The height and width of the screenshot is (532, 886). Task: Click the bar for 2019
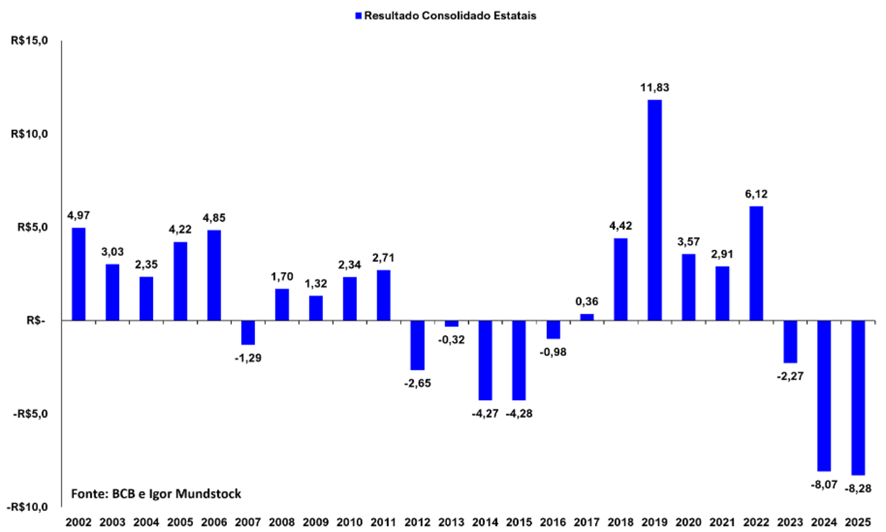(x=655, y=210)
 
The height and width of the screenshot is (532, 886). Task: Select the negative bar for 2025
(x=858, y=397)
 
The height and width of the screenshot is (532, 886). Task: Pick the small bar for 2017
(x=587, y=317)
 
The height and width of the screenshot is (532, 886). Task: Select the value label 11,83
(x=654, y=89)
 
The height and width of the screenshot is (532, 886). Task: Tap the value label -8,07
(x=822, y=482)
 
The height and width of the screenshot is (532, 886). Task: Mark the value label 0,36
(x=587, y=302)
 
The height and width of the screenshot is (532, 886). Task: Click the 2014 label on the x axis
(x=485, y=522)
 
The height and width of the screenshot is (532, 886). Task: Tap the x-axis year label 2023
(x=790, y=522)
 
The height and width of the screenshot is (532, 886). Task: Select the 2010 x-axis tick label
(x=350, y=522)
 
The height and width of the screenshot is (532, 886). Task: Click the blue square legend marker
(x=356, y=16)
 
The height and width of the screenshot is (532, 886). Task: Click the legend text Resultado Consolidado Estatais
(x=445, y=16)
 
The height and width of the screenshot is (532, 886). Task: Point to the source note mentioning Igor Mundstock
(x=156, y=494)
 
